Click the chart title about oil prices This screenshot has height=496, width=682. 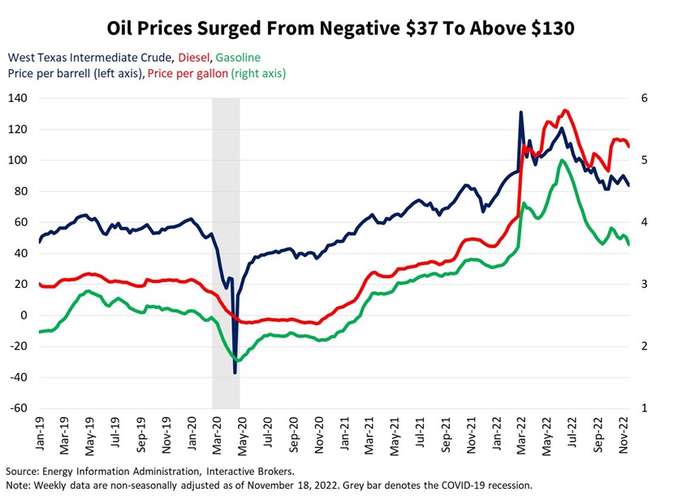[x=340, y=28]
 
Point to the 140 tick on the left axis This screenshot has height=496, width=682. [x=18, y=98]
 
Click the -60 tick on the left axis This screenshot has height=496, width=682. [x=18, y=408]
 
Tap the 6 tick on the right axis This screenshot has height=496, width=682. [x=645, y=98]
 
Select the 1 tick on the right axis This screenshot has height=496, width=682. [x=645, y=408]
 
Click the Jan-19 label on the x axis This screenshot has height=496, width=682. [x=39, y=433]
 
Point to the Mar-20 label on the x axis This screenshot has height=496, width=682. [x=218, y=433]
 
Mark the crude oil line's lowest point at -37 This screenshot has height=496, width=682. [x=235, y=372]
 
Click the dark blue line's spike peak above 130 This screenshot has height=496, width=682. [x=520, y=112]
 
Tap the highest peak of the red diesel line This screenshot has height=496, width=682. [x=565, y=111]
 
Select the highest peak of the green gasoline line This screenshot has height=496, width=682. [x=562, y=160]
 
